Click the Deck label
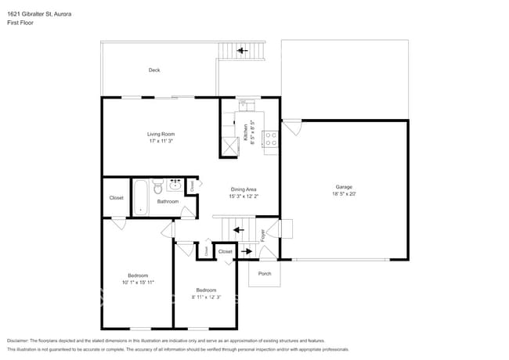[x=154, y=70]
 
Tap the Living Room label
[x=161, y=134]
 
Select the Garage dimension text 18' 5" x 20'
[x=344, y=194]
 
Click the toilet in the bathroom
[x=157, y=188]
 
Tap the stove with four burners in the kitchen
[x=272, y=139]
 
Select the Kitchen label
[x=245, y=131]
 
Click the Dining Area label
[x=244, y=189]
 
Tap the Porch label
[x=264, y=273]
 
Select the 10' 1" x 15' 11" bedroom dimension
[x=138, y=282]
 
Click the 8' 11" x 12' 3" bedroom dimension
[x=206, y=297]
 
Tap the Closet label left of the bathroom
[x=116, y=198]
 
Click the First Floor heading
[x=21, y=23]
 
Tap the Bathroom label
[x=168, y=201]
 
